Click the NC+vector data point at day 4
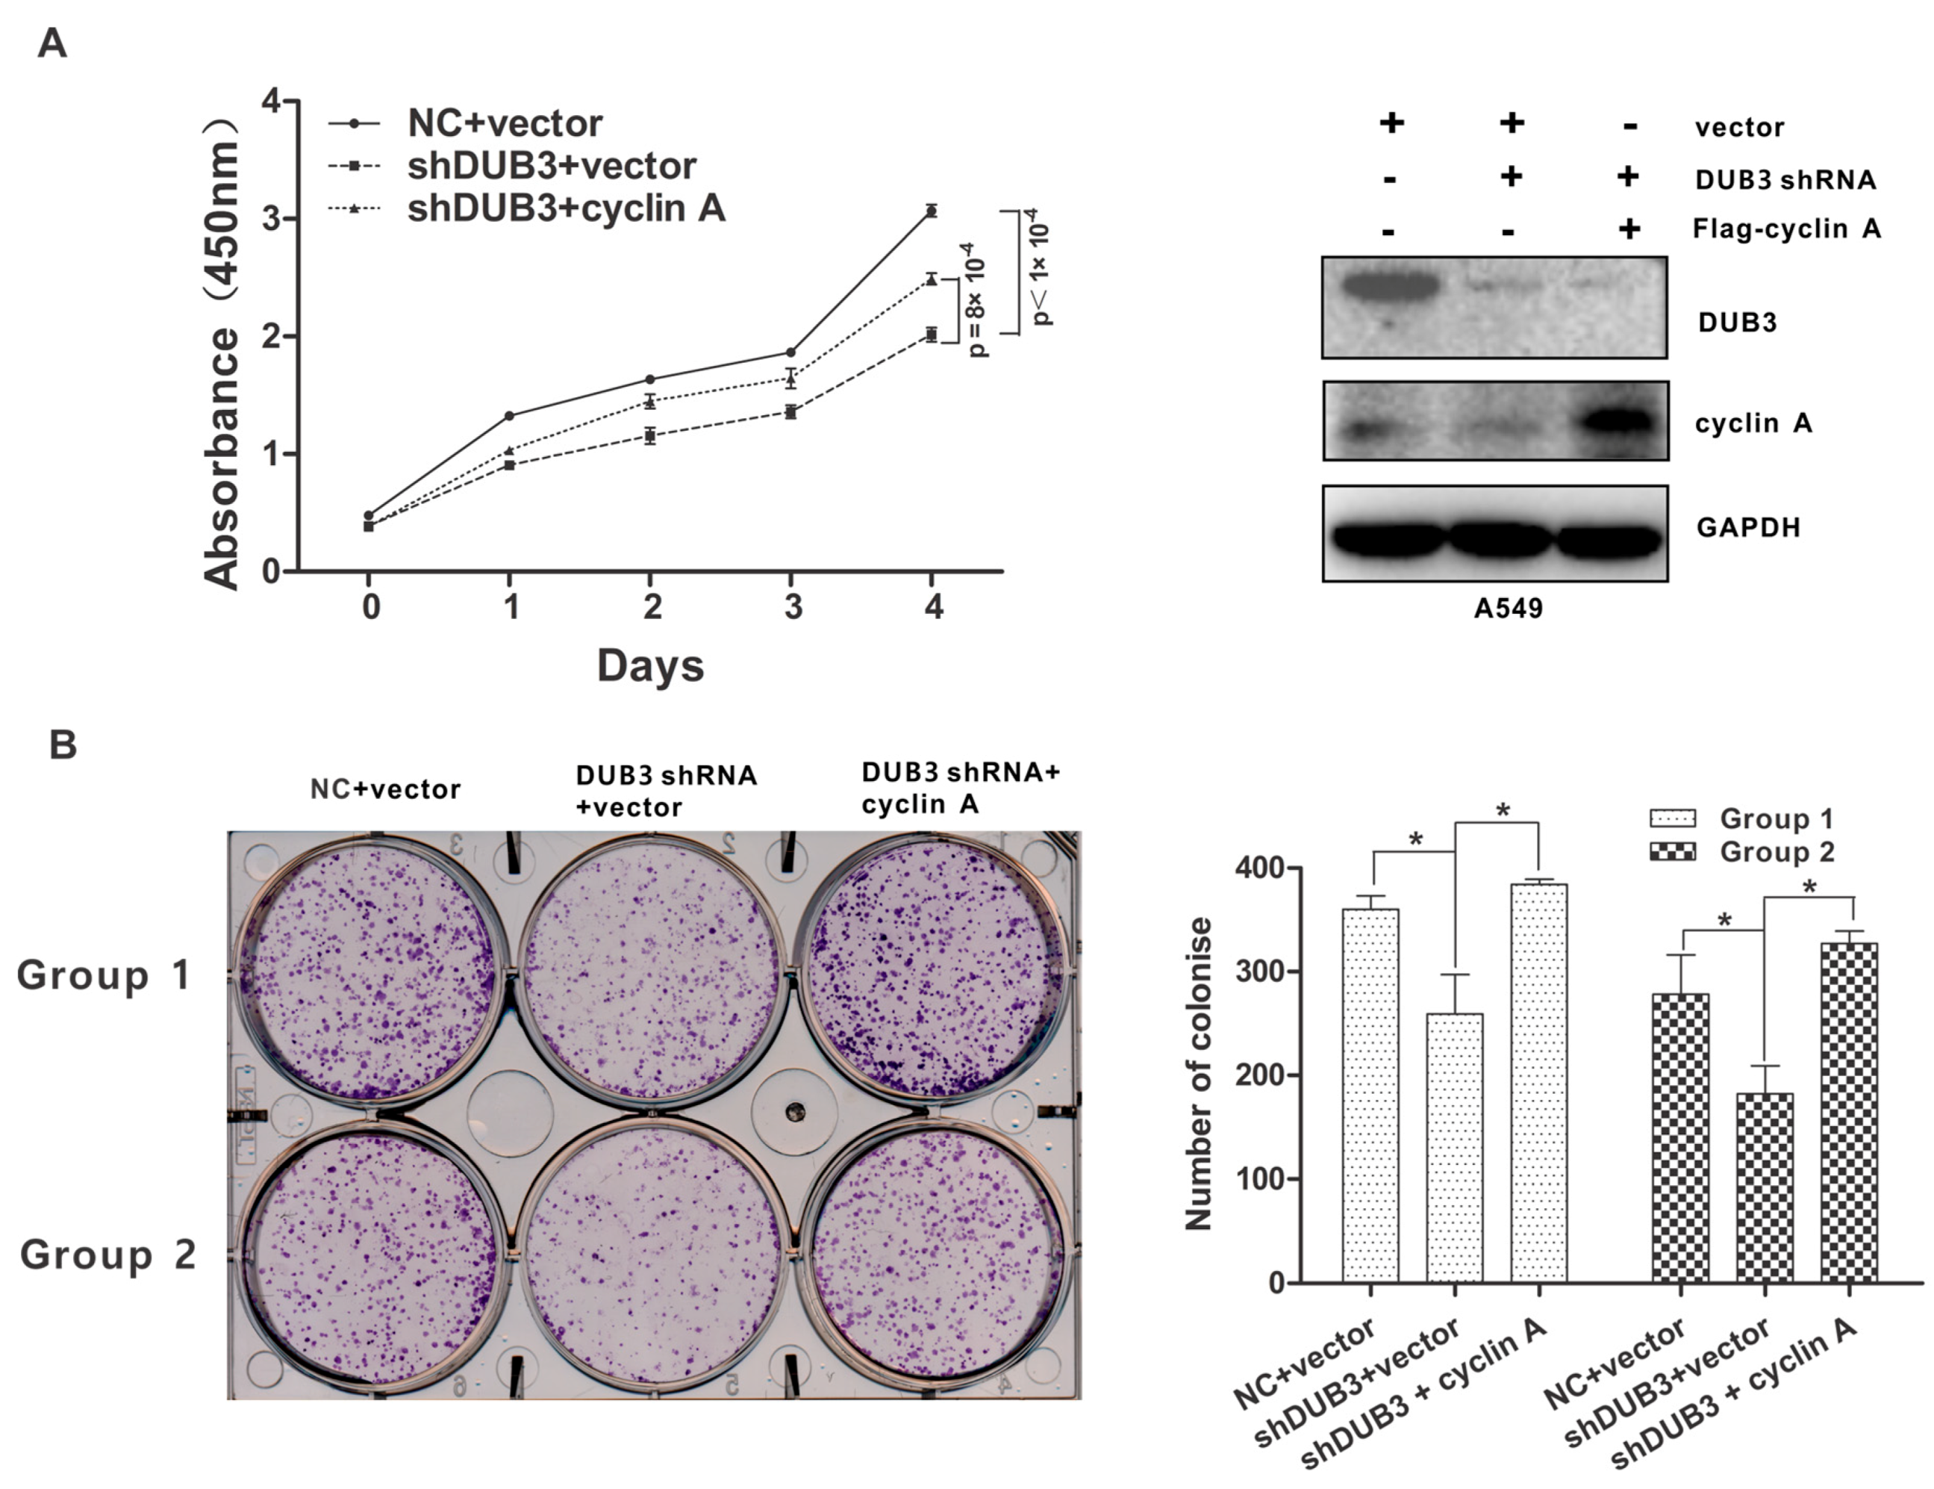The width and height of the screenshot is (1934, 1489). [931, 211]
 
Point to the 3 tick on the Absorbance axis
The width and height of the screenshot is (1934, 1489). [272, 219]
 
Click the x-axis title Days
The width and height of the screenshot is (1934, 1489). [650, 665]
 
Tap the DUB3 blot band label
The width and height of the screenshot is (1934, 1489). [1736, 323]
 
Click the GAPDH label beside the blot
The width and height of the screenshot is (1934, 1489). [1748, 528]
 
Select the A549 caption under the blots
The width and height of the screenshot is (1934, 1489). [1508, 609]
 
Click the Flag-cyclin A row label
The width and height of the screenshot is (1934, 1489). [1786, 229]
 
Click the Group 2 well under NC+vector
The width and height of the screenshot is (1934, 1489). [370, 1253]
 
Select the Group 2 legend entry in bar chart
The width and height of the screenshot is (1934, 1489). [1776, 852]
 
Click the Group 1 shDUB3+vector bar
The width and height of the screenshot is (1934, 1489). [1454, 1147]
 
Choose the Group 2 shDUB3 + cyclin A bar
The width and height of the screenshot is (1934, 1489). [1848, 1112]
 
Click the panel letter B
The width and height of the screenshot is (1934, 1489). [63, 745]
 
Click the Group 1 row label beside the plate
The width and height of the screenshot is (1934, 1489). [104, 975]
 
